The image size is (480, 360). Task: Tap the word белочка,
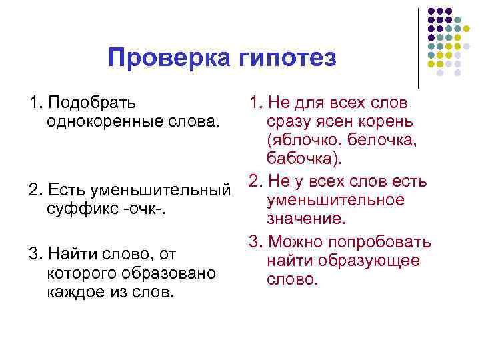coord(381,140)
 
